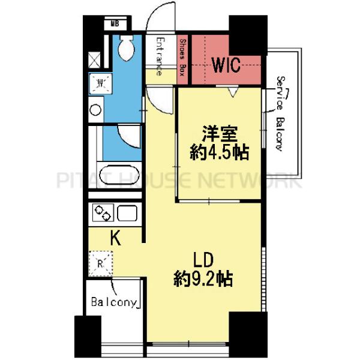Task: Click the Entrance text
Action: pos(160,56)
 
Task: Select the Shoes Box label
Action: pos(183,58)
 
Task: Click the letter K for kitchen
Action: pos(116,239)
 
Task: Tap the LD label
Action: pos(203,262)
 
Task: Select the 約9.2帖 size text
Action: pos(203,280)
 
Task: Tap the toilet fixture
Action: pos(127,49)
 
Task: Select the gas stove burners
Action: pos(101,213)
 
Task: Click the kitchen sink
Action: pos(127,213)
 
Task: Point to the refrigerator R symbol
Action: pos(101,262)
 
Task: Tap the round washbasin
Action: pos(96,110)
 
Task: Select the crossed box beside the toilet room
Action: pos(94,59)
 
